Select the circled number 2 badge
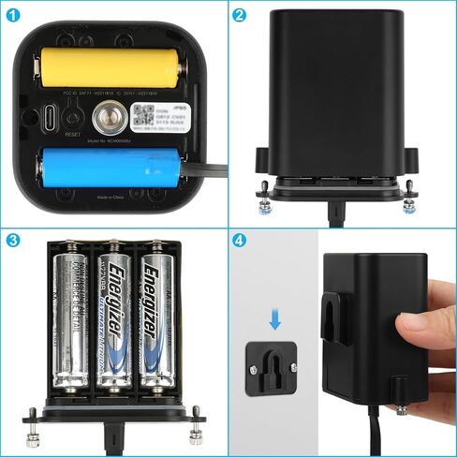(x=240, y=14)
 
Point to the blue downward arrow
(x=274, y=321)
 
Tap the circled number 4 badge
(x=240, y=240)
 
